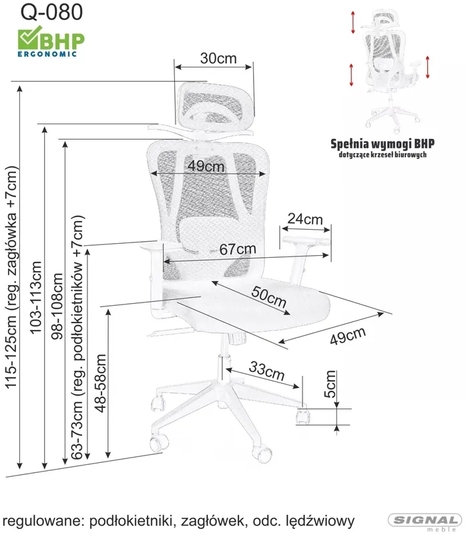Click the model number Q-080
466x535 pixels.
51,11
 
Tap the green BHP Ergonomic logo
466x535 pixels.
51,41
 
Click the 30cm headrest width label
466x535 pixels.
218,58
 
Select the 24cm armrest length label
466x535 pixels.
305,218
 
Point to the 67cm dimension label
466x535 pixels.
238,249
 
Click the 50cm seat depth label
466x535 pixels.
269,297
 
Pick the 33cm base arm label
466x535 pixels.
267,371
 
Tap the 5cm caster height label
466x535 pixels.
330,384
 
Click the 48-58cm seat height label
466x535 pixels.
101,383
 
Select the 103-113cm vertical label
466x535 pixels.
35,297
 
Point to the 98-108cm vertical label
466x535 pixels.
57,306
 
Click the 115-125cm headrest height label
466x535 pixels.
11,277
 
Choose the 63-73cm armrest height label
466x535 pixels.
77,337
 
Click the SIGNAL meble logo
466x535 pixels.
424,523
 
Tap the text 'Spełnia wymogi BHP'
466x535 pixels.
383,144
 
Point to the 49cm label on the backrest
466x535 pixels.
206,166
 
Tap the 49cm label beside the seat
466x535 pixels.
348,335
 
